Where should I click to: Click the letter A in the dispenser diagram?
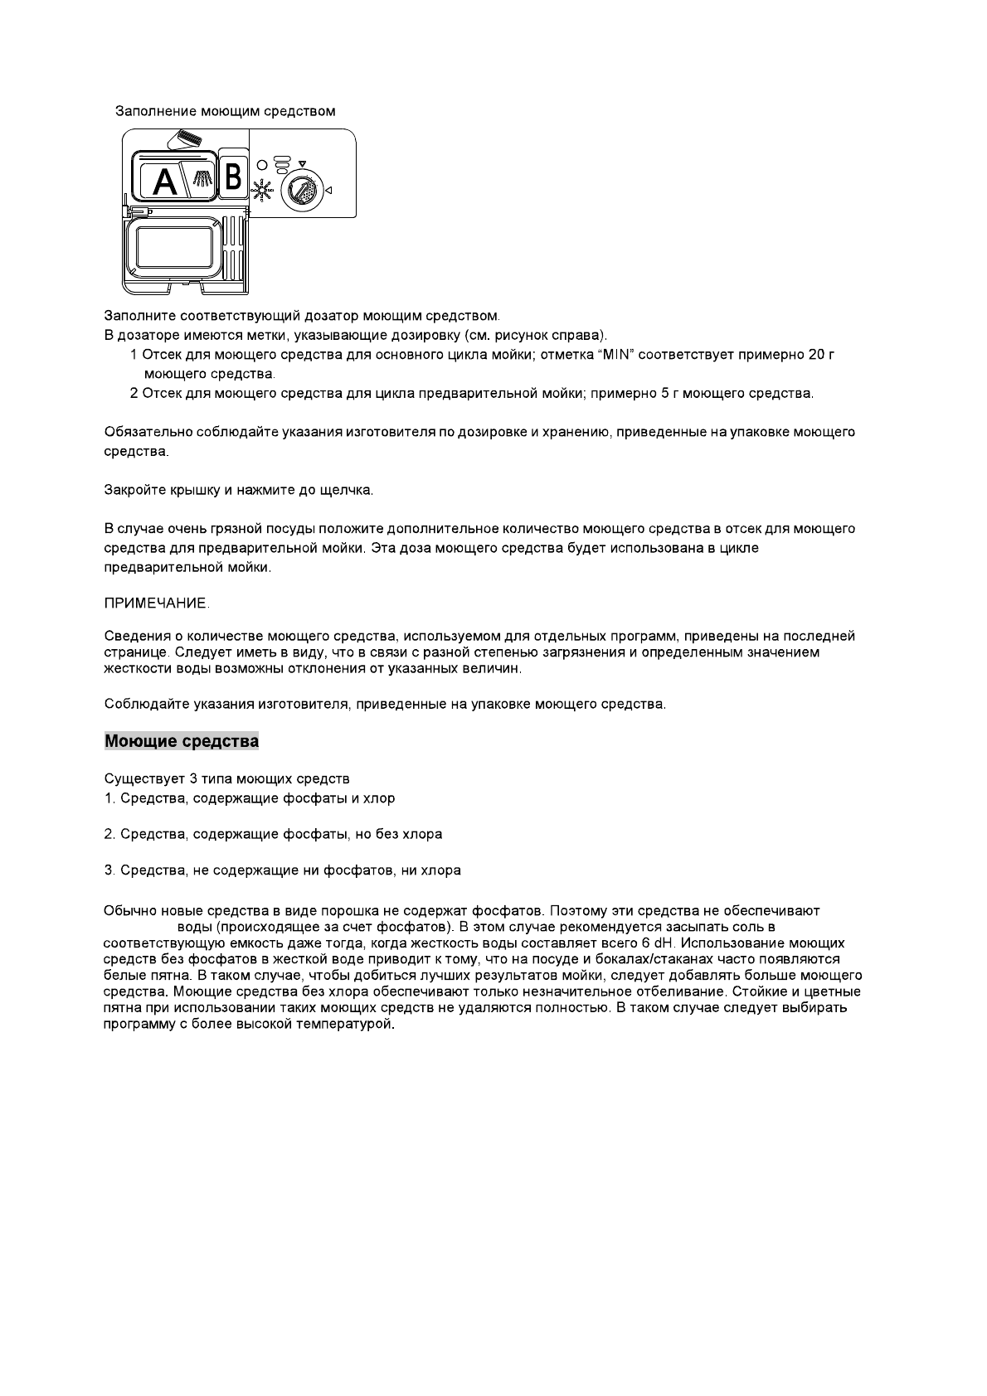(166, 181)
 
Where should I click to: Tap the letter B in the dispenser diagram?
(232, 176)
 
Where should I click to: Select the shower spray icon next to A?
(201, 177)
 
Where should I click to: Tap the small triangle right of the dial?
(328, 191)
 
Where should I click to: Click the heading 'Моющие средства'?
(182, 741)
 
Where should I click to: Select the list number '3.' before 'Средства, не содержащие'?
(109, 870)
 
